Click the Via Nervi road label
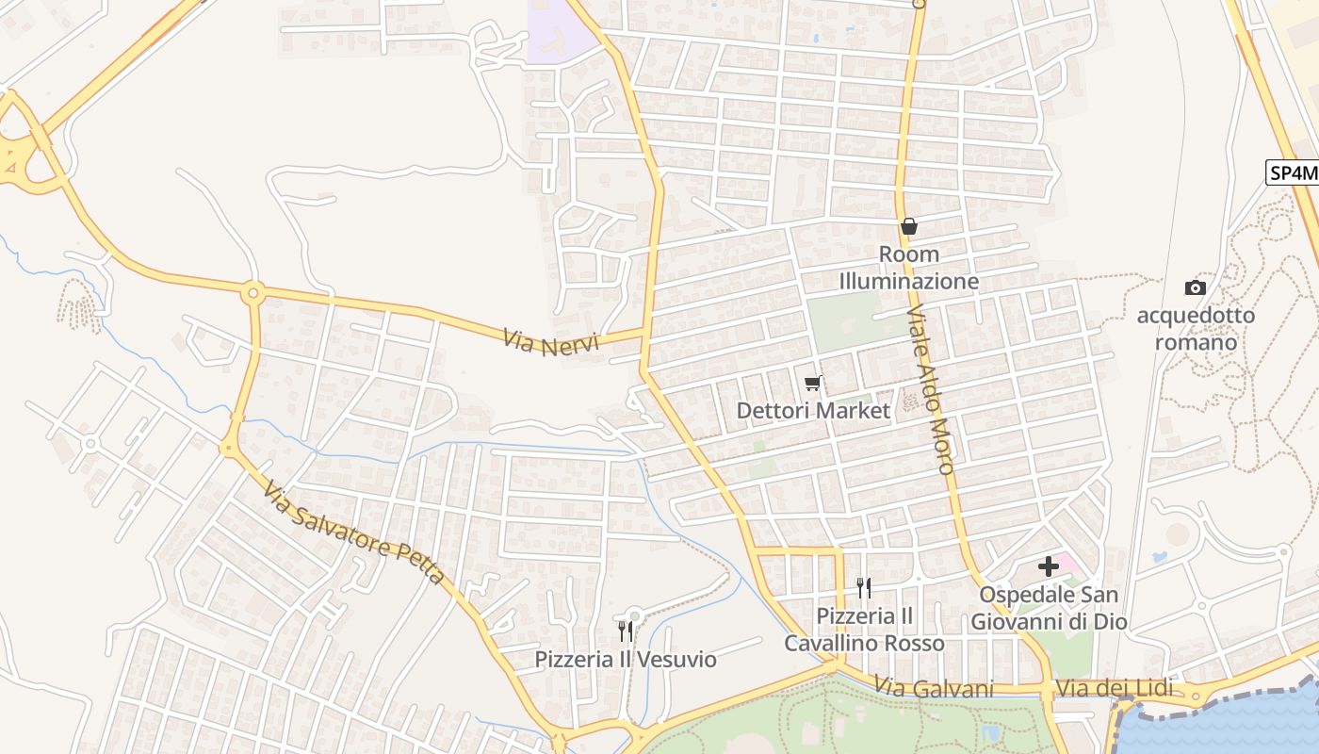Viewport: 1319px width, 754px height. [x=550, y=341]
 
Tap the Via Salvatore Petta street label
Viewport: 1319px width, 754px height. [x=353, y=533]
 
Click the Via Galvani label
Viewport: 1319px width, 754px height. [x=934, y=689]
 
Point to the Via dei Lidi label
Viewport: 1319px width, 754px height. [x=1115, y=689]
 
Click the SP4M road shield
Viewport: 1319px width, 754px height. [x=1292, y=173]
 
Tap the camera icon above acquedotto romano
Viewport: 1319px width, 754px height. [x=1196, y=287]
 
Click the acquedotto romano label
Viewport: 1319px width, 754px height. [x=1196, y=328]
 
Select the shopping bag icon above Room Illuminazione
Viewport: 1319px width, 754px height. [x=909, y=226]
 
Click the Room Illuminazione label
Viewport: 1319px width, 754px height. [x=909, y=268]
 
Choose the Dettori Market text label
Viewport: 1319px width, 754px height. [x=813, y=411]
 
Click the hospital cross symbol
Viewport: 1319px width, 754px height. [x=1048, y=565]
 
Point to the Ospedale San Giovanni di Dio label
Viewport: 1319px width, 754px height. [x=1050, y=608]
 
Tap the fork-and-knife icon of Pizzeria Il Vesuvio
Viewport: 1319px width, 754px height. [x=626, y=631]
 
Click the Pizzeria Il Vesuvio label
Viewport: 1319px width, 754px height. [x=626, y=659]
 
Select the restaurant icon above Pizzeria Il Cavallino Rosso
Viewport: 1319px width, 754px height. [x=864, y=587]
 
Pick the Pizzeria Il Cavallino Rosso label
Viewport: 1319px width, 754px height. [x=865, y=630]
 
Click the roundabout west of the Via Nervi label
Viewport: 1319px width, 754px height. [x=252, y=293]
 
